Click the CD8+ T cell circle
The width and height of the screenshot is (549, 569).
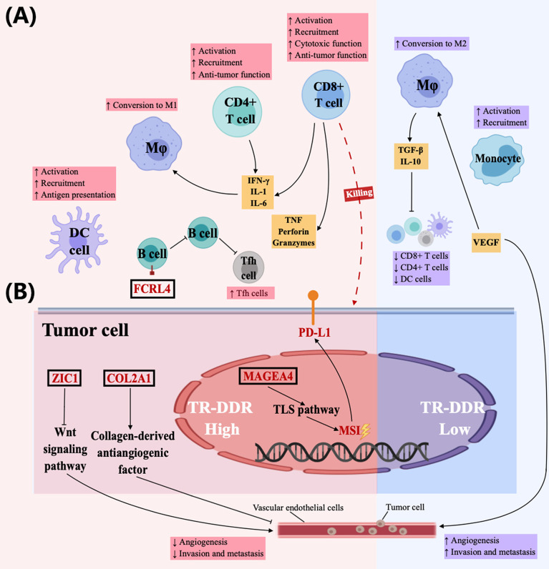tap(329, 95)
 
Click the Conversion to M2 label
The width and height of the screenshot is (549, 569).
tap(433, 44)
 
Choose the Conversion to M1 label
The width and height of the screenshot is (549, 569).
tap(142, 105)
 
